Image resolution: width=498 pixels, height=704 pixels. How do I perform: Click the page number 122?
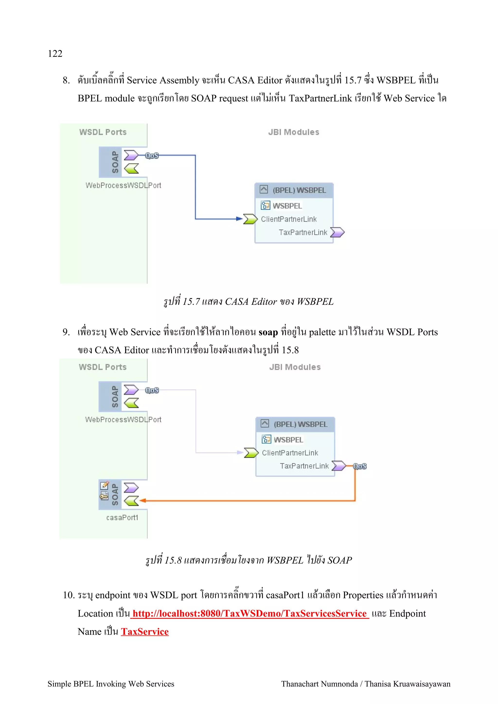click(x=55, y=54)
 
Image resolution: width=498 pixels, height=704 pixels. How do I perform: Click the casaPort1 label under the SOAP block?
click(x=122, y=518)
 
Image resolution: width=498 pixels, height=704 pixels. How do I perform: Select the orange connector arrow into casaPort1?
click(x=245, y=501)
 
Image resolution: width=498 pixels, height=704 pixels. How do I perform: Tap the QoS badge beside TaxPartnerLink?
click(x=360, y=466)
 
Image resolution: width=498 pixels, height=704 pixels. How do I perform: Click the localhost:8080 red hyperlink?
click(x=249, y=614)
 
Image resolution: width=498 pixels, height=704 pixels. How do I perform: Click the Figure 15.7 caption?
click(x=249, y=302)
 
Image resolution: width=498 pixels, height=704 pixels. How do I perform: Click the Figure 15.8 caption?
click(x=249, y=560)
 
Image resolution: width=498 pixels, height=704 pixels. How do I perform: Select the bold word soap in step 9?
click(x=268, y=332)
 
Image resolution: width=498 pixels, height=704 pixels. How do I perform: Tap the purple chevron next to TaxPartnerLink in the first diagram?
click(x=337, y=232)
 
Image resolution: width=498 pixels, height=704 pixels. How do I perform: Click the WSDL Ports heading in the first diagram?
click(x=103, y=132)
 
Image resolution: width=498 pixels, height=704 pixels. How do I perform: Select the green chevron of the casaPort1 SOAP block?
click(x=131, y=501)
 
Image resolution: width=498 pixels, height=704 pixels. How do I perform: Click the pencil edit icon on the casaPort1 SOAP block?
click(x=105, y=485)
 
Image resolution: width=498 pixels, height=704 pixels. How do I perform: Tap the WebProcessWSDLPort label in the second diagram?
click(x=123, y=420)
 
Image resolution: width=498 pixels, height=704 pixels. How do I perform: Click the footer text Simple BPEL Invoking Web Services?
click(x=111, y=684)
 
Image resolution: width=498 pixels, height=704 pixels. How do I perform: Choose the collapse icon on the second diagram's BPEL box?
click(x=265, y=423)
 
